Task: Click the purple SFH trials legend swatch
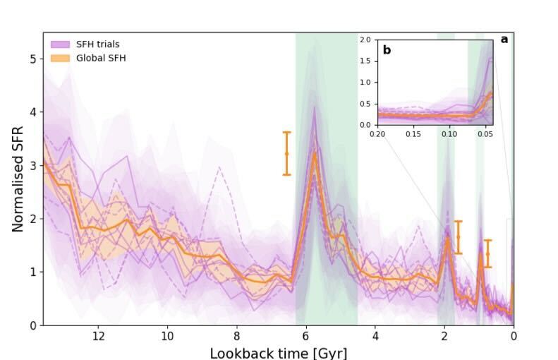point(60,44)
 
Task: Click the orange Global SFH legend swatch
point(60,58)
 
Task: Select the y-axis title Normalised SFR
point(18,179)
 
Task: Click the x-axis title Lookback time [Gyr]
point(278,352)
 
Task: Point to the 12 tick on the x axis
point(98,335)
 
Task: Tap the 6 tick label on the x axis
point(305,335)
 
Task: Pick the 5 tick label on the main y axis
point(32,59)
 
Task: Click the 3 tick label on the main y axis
point(32,166)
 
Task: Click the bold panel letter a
point(504,40)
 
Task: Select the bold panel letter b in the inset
point(387,50)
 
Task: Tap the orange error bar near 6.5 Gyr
point(286,153)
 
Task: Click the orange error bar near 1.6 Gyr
point(458,237)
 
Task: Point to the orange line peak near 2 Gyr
point(447,239)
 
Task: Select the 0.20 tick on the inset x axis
point(377,133)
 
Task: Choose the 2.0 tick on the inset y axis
point(365,40)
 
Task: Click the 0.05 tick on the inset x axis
point(485,133)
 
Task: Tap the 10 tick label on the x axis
point(167,335)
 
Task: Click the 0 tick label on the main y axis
point(32,325)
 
